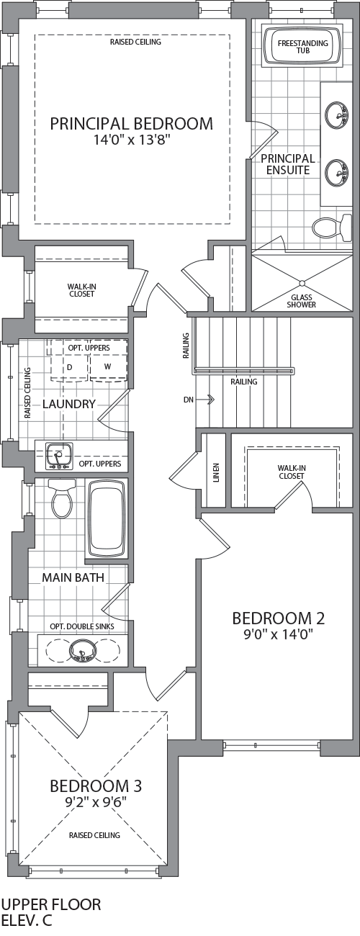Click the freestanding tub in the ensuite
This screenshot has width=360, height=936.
point(303,45)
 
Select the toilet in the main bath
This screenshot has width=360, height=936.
point(62,498)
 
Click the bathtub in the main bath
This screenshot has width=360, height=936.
point(107,518)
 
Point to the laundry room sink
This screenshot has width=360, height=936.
point(59,456)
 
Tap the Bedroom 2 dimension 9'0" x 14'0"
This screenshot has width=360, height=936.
point(279,635)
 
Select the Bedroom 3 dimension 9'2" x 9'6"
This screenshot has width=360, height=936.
point(96,802)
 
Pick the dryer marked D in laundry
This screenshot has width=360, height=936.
point(70,367)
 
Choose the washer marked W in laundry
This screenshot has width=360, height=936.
point(108,367)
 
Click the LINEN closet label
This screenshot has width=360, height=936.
point(216,472)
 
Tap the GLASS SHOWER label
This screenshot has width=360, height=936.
point(301,301)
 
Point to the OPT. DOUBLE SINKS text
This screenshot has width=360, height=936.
point(82,626)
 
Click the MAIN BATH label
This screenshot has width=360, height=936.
point(73,577)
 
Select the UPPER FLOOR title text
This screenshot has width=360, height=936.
point(51,904)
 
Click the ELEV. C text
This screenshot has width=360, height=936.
point(27,921)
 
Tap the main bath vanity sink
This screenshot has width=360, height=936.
point(82,651)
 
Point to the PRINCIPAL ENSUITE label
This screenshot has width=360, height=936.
point(288,164)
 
